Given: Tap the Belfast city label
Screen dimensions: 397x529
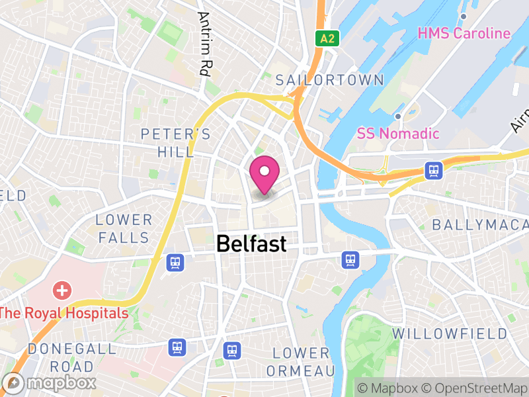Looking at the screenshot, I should click(x=251, y=243).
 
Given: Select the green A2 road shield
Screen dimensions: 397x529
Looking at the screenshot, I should click(x=327, y=38).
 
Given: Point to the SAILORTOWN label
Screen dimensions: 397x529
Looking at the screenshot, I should click(x=329, y=80).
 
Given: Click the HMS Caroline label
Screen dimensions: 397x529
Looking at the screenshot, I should click(x=464, y=33).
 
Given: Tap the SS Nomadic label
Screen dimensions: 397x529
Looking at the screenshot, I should click(x=398, y=133).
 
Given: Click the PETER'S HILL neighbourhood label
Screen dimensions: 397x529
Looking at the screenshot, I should click(x=176, y=143).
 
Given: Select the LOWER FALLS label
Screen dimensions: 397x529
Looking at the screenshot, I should click(x=124, y=228).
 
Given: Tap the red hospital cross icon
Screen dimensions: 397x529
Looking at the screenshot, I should click(x=62, y=290).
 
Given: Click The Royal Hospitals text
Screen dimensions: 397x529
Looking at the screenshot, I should click(x=64, y=313).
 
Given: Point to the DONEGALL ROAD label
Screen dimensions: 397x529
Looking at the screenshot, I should click(x=61, y=357).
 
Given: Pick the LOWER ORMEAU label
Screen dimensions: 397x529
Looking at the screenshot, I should click(x=301, y=361).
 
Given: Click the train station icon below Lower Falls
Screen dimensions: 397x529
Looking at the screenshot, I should click(x=175, y=263).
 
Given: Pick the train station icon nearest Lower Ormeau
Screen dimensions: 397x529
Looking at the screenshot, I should click(x=232, y=350).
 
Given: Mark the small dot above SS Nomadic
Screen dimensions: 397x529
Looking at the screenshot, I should click(x=398, y=116).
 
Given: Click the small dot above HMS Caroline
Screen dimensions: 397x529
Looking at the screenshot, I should click(x=464, y=16).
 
